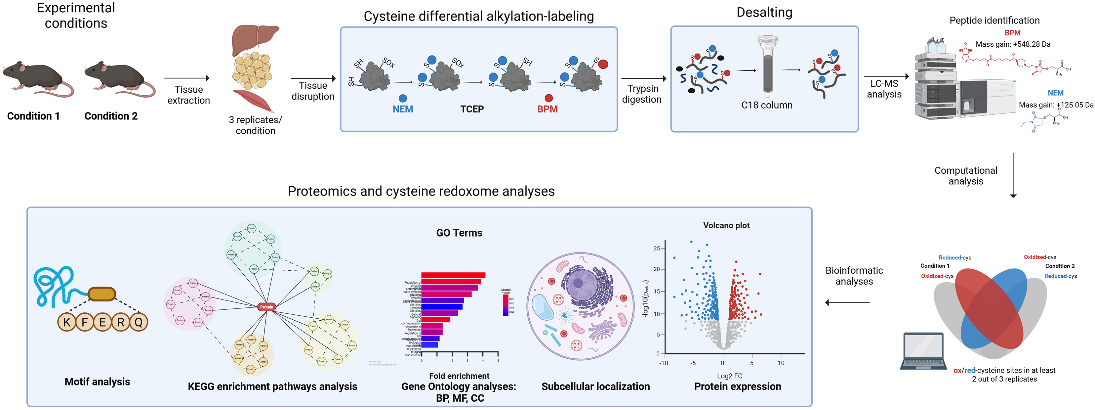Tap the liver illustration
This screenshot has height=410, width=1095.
[x=254, y=38]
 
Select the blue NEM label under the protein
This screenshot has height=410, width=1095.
[x=403, y=109]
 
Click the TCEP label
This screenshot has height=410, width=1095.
[x=472, y=109]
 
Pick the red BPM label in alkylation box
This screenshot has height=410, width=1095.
[x=547, y=109]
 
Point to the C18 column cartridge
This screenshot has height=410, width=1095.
[x=768, y=66]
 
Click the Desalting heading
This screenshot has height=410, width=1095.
[x=764, y=13]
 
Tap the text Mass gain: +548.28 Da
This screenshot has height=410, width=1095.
[x=1013, y=44]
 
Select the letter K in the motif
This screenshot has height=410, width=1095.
[x=67, y=322]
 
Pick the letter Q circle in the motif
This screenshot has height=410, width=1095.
[x=139, y=322]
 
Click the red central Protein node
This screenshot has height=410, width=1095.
[x=266, y=307]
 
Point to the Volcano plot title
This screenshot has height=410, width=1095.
[x=726, y=225]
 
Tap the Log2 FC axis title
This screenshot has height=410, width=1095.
[x=729, y=376]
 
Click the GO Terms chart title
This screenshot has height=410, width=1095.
[x=459, y=233]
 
